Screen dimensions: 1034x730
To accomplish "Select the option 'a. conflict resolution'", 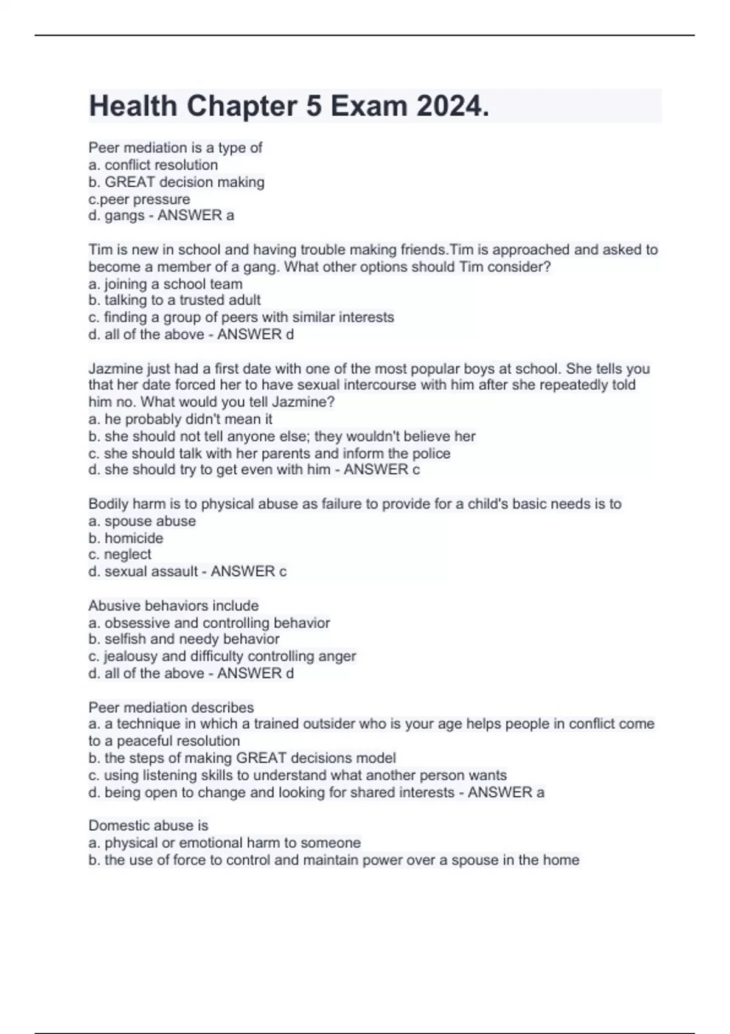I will [x=153, y=165].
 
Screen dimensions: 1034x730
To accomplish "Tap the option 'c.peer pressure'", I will [x=139, y=199].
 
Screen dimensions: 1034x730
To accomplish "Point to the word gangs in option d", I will [x=125, y=215].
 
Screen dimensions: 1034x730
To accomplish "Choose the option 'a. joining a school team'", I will [x=165, y=284].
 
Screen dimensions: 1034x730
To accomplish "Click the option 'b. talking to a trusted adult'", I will [x=175, y=300].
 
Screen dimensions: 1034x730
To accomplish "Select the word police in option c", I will [x=431, y=453].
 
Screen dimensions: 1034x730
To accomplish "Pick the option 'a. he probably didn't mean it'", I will [x=180, y=419].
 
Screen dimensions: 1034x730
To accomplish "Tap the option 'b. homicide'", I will [x=126, y=538].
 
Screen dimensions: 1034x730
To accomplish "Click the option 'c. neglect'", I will [x=120, y=554].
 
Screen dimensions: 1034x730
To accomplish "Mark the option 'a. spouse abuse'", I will [x=142, y=521].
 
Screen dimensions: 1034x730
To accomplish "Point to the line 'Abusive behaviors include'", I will [x=173, y=605].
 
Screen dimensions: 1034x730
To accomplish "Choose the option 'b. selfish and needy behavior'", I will [x=184, y=639].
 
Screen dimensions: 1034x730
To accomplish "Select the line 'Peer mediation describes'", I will [x=171, y=707].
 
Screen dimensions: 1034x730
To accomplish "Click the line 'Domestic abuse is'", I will [x=148, y=825].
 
